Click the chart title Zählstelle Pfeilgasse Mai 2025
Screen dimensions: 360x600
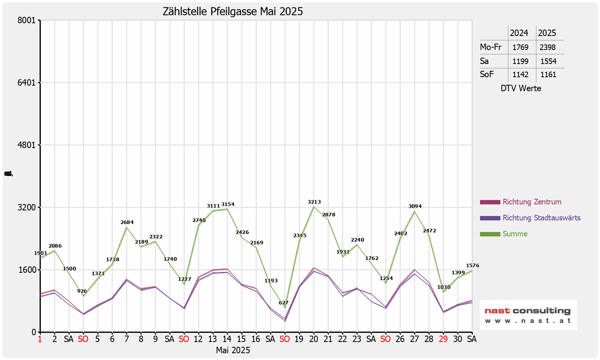[233, 12]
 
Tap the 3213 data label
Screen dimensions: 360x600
[314, 202]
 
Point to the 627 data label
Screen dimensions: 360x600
[284, 303]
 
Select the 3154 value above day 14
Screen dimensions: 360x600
[228, 204]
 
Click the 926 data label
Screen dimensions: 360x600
[82, 291]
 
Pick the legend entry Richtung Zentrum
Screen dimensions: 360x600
[532, 202]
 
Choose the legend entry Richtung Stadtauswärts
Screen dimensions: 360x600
[541, 218]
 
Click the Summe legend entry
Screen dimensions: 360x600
[515, 234]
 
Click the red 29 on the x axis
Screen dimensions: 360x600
[443, 339]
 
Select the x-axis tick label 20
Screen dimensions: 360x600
[314, 339]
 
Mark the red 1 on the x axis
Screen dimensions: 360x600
[40, 339]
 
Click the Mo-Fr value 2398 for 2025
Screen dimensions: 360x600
[548, 47]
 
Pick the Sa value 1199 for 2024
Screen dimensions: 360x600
[520, 61]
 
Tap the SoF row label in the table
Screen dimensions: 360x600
[487, 74]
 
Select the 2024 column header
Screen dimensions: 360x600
[519, 33]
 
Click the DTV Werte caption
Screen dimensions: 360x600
[521, 88]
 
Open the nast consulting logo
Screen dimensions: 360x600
[528, 315]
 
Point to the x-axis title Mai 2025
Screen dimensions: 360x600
[233, 350]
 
